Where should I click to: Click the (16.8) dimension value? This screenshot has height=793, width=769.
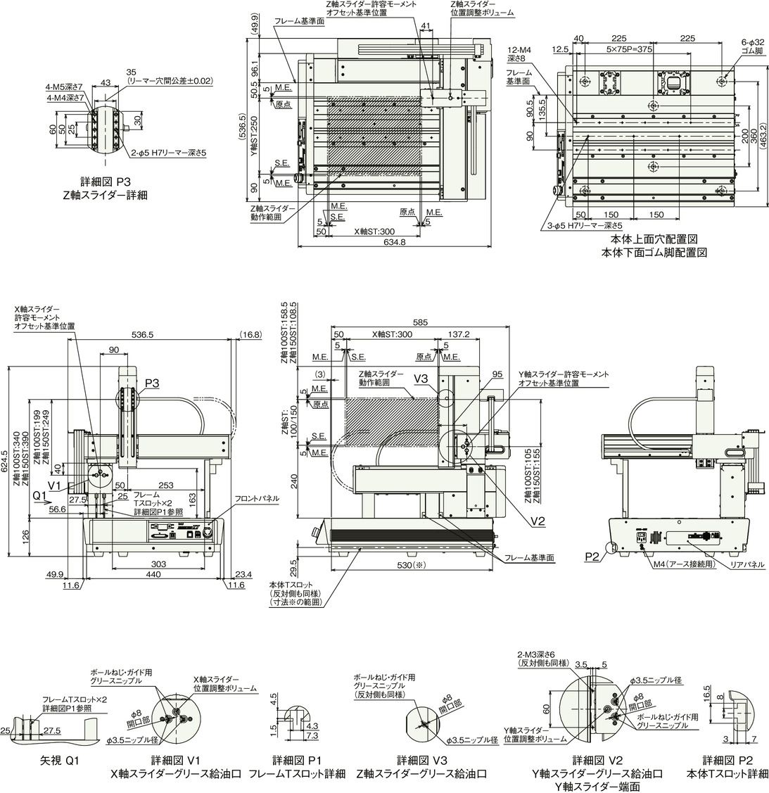tap(250, 334)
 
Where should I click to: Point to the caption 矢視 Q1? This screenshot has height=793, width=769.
tap(59, 761)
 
